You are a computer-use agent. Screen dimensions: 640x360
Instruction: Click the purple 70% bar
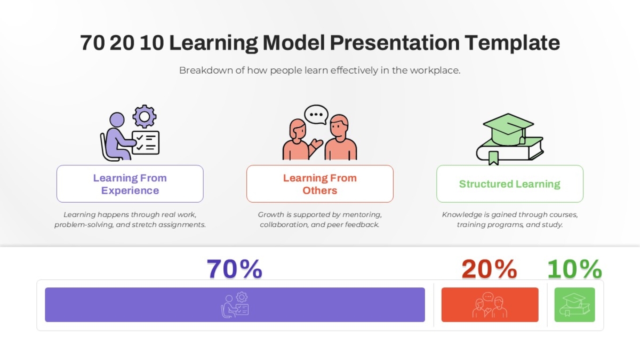(x=235, y=305)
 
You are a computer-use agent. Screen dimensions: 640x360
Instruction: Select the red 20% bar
(x=490, y=305)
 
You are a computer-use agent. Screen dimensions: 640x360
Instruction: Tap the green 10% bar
(x=575, y=305)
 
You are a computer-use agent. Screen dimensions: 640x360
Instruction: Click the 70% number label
(x=235, y=269)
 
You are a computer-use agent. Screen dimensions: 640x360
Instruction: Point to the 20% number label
(x=490, y=269)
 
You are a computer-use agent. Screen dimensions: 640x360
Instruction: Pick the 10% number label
(x=575, y=269)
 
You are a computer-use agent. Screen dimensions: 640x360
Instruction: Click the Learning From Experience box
(x=130, y=183)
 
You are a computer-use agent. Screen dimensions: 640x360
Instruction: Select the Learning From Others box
(x=320, y=183)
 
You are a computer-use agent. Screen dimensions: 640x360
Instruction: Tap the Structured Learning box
(x=510, y=183)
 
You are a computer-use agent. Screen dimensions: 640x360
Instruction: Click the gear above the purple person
(x=145, y=116)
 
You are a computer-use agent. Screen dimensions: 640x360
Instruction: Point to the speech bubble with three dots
(x=316, y=115)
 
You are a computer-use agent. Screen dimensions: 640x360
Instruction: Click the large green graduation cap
(x=508, y=129)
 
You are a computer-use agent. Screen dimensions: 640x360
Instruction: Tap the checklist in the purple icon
(x=146, y=142)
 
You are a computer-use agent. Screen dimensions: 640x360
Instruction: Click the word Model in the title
(x=294, y=43)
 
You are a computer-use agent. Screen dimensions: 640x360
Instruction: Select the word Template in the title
(x=513, y=43)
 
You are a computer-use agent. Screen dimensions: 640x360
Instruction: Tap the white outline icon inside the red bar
(x=490, y=305)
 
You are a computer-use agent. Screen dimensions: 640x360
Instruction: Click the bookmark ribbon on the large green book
(x=493, y=158)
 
